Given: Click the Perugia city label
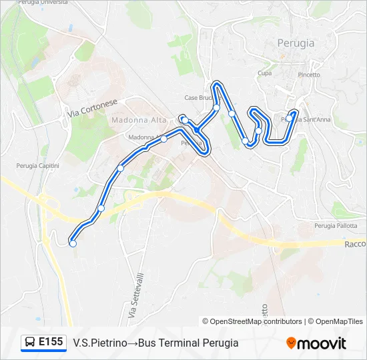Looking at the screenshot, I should point(296,43).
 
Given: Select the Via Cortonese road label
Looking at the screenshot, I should point(92,109).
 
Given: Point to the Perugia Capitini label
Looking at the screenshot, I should point(38,165).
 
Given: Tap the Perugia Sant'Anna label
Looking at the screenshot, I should point(306,120).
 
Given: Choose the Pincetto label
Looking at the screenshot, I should point(309,75).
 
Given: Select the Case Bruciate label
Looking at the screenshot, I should point(199,98).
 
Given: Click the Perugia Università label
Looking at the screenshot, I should point(32,3).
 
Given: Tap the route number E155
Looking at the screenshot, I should point(51,343).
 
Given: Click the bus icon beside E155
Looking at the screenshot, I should point(30,343).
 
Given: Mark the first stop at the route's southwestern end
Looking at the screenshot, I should point(73,244).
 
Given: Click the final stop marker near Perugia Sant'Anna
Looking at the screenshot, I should point(294,113).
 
